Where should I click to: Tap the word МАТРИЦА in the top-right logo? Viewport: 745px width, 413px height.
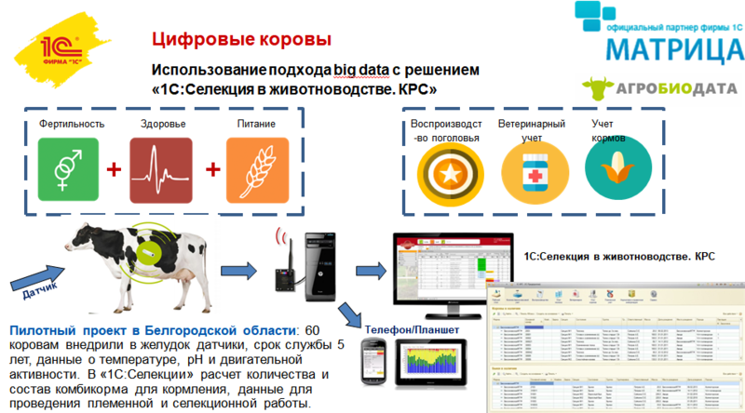click(x=664, y=47)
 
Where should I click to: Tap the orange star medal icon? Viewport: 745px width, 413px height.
click(x=446, y=173)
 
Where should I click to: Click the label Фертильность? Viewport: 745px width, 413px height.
click(x=71, y=124)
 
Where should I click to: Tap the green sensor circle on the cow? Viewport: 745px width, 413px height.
click(x=147, y=251)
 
